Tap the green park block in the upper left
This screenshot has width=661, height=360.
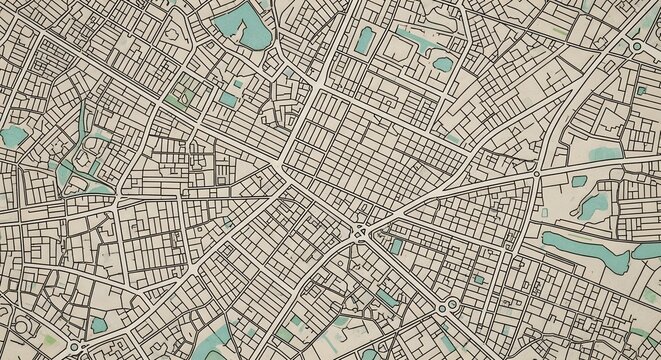179,98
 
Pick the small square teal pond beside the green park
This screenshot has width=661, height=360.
229,98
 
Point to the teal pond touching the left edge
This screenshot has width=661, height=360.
12,136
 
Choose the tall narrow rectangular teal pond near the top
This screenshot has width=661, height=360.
365,40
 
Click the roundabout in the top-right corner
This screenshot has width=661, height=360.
636,47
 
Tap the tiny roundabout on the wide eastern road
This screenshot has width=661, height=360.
537,175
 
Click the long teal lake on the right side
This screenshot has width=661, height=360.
585,245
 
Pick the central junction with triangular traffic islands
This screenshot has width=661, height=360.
359,234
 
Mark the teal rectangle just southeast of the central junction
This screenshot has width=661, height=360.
397,246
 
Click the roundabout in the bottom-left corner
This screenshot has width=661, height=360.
73,347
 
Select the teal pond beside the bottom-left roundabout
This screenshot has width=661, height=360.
96,324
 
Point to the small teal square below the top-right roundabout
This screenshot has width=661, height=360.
640,91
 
